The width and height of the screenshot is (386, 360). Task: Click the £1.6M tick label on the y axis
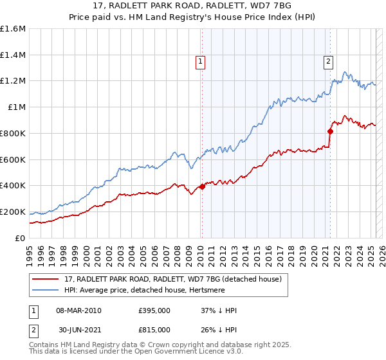[x=13, y=29]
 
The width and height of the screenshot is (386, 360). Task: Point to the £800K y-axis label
[x=13, y=133]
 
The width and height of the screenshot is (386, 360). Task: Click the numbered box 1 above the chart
[x=201, y=62]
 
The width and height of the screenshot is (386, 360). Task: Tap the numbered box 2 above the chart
[x=328, y=62]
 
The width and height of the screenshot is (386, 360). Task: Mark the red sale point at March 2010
[x=202, y=186]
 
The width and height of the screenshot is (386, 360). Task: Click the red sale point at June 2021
[x=330, y=131]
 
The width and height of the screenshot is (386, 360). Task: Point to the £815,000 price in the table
[x=154, y=329]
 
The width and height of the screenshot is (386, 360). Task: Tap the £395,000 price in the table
[x=154, y=311]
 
